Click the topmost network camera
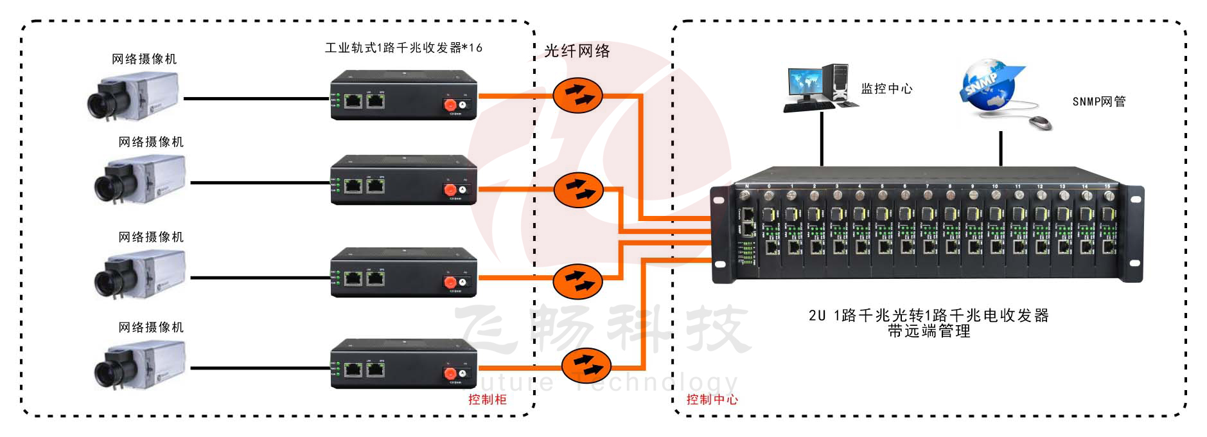click(133, 96)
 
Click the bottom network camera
click(140, 365)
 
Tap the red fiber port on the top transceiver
click(450, 105)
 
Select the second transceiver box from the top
click(403, 180)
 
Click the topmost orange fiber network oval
click(577, 96)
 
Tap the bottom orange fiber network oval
click(585, 366)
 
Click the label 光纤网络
click(577, 51)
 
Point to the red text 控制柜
click(487, 400)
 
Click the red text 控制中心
click(712, 400)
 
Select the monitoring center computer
click(819, 87)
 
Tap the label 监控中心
click(886, 89)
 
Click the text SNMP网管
click(1098, 102)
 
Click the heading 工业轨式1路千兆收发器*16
click(403, 48)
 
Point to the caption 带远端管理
click(928, 332)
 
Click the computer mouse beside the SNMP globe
click(1041, 122)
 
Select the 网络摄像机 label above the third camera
click(151, 237)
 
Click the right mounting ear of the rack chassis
click(1134, 234)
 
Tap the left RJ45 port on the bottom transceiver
click(353, 370)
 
